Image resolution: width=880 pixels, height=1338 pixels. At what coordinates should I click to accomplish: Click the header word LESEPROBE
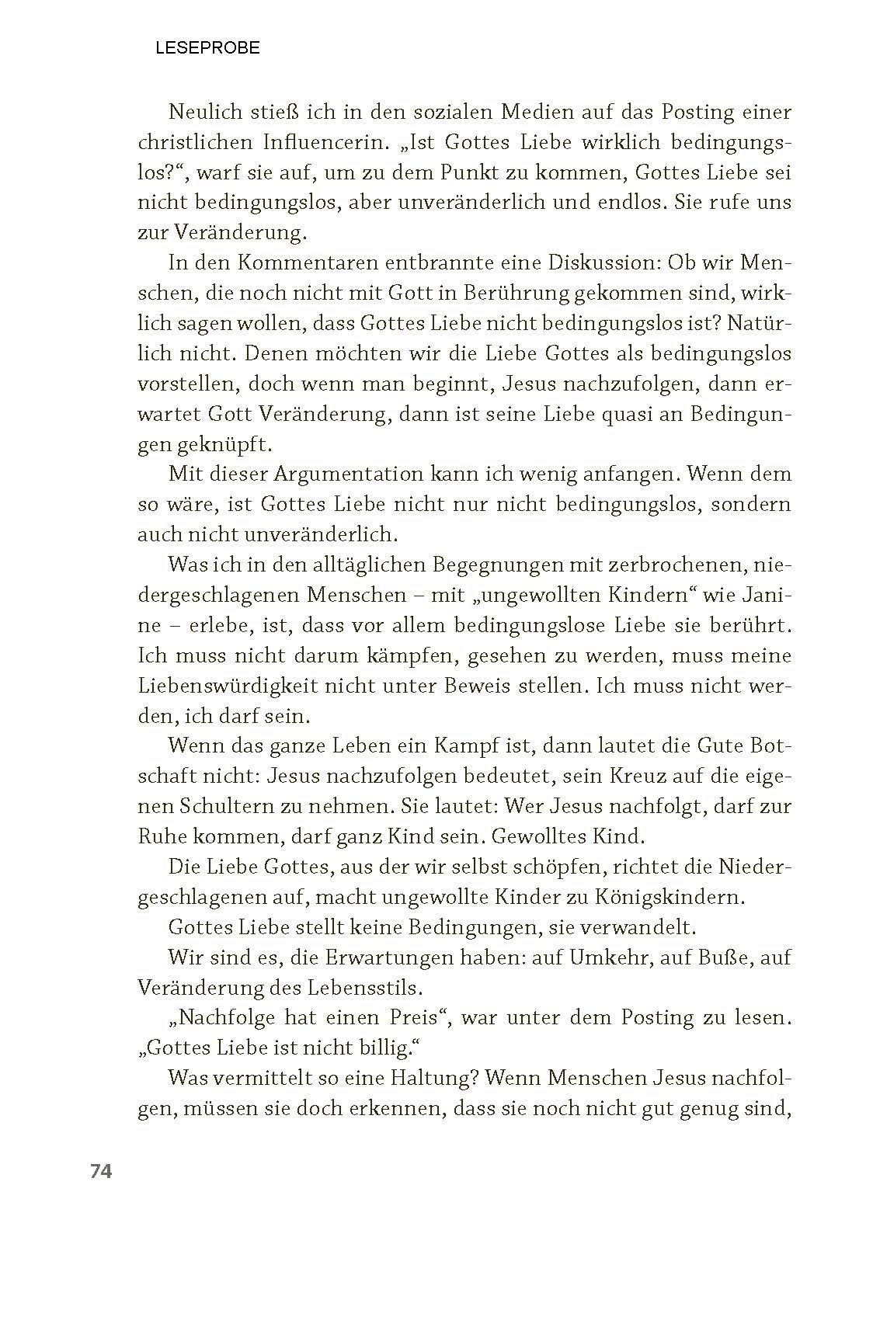tap(207, 48)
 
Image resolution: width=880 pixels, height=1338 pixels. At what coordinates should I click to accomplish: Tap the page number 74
tap(101, 1171)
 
